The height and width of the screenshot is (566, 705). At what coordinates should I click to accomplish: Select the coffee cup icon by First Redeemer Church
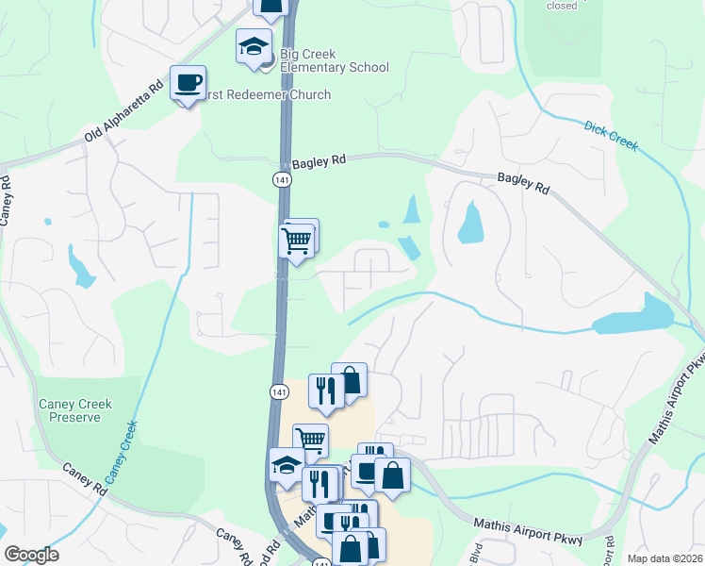pos(188,83)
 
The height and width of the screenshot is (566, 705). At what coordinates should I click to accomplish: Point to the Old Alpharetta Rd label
pos(119,124)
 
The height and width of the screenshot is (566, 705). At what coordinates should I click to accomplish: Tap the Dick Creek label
pos(610,136)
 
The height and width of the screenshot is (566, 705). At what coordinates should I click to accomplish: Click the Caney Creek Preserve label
pos(75,410)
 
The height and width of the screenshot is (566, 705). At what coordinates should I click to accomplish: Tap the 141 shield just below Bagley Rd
pos(281,180)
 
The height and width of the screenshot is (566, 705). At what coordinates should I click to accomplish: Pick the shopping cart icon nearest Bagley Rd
pos(297,241)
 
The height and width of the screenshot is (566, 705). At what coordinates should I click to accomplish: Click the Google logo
pos(31,555)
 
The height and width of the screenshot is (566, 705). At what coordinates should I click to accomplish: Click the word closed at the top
pos(562,6)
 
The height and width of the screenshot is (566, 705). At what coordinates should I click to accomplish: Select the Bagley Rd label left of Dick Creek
pos(523,183)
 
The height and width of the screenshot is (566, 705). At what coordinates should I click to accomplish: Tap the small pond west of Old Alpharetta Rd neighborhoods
pos(81,267)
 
